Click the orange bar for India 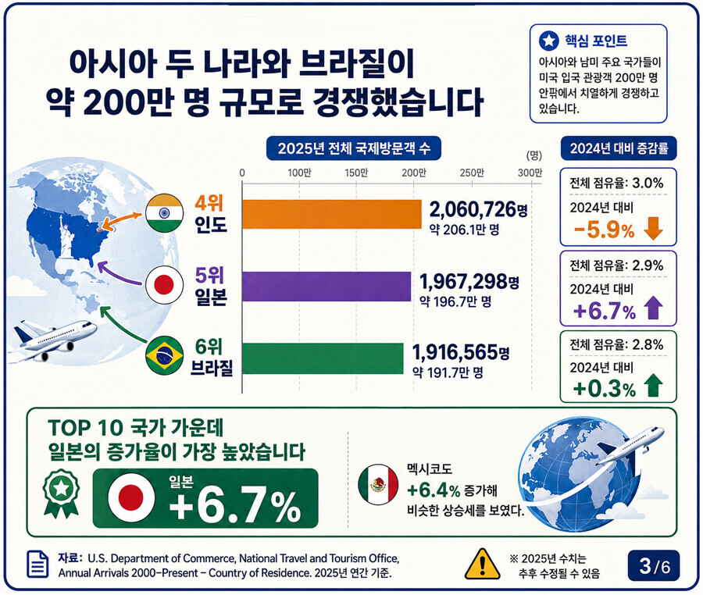332,214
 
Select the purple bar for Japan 327,287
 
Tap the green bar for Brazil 323,358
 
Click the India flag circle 165,213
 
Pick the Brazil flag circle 165,355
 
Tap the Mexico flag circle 379,485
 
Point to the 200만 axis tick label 414,173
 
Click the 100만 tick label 299,173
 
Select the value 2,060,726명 478,209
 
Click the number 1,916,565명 461,353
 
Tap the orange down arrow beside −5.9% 653,229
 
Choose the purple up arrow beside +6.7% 653,308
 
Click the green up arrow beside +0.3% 653,387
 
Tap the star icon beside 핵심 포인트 549,41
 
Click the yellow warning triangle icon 483,564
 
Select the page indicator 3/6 654,566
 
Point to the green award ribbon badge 61,493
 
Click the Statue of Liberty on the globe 66,236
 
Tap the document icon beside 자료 38,564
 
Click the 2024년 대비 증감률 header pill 619,148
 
